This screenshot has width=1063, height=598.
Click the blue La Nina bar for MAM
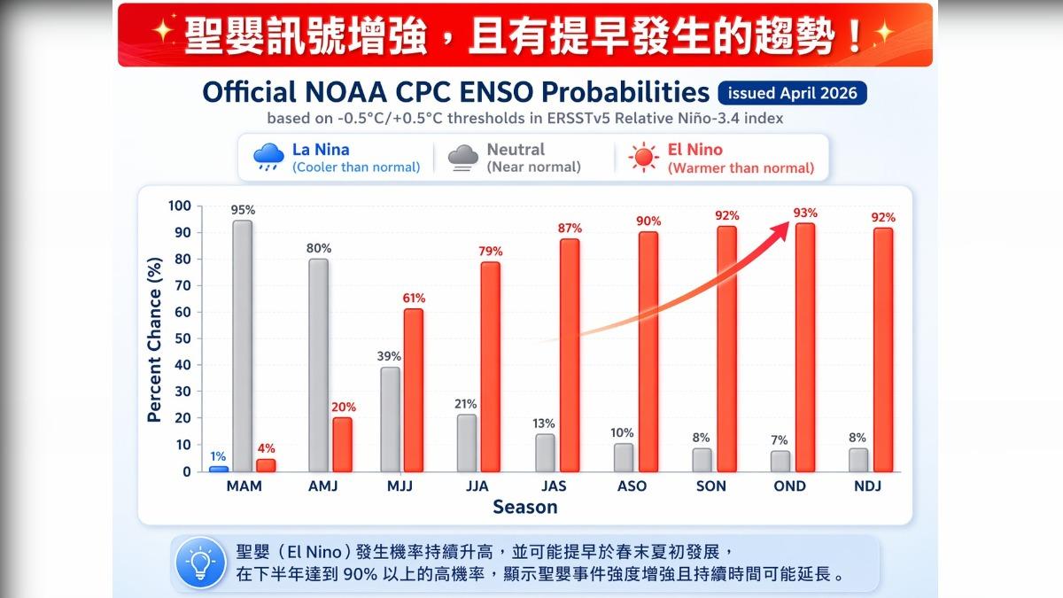pos(219,469)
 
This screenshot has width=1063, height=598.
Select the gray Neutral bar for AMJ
pos(318,365)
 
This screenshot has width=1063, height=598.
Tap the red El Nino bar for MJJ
pos(414,390)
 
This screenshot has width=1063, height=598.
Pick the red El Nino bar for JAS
pos(570,354)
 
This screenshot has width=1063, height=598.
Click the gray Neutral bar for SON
pos(702,460)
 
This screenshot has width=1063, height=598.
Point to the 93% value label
pos(805,213)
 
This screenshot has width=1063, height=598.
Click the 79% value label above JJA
pos(491,251)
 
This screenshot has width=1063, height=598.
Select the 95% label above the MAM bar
pos(243,210)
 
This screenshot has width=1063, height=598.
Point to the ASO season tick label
pos(632,486)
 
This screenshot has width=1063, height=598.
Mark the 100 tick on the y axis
pos(179,206)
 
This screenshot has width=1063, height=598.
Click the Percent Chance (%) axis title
pos(154,340)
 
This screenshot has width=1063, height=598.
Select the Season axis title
pos(525,508)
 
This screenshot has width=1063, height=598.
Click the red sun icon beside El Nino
pos(643,159)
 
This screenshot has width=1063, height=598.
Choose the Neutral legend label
pos(516,150)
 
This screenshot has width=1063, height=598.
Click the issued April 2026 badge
pos(792,93)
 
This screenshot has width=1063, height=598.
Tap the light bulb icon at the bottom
pos(202,563)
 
